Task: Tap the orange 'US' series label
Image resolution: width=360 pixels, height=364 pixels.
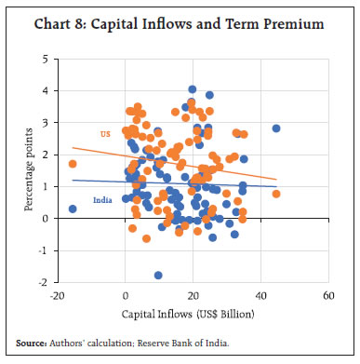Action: coord(104,133)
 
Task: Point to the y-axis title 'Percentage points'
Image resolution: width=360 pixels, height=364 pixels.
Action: coord(32,170)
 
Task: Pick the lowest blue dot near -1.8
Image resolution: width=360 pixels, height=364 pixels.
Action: coord(158,275)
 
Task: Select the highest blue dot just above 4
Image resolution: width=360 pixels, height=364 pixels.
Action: coord(193,89)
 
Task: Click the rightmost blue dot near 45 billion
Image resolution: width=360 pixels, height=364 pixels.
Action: coord(276,128)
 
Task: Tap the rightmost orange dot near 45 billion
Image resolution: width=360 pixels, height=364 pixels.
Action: coord(276,194)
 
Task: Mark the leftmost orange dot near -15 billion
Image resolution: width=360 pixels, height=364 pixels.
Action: coord(73,164)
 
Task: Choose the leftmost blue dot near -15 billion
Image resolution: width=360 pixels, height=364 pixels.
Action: coord(73,209)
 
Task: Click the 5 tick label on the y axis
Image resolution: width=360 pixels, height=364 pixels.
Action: coord(47,59)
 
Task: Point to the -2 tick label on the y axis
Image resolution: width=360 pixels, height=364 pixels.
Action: coord(45,282)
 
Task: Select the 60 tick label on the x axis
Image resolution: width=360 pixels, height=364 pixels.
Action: coord(327,296)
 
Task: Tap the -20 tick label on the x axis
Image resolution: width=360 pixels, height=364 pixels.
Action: coord(58,296)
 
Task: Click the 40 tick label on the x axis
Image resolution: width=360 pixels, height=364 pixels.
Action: coord(260,296)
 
